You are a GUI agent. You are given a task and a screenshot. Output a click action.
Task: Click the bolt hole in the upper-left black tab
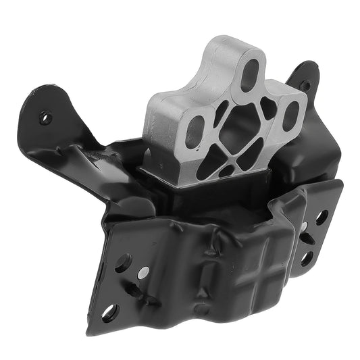pos(46,117)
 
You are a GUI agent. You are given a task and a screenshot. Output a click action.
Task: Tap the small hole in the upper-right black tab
pos(305,86)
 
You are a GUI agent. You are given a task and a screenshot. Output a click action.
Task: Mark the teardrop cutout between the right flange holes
pos(313,238)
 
